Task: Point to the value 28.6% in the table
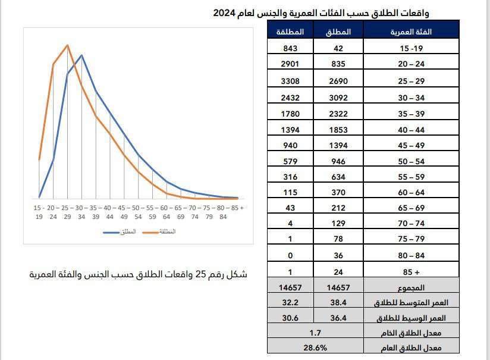pyautogui.click(x=315, y=346)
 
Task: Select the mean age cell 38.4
pyautogui.click(x=338, y=303)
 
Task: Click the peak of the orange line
pyautogui.click(x=67, y=45)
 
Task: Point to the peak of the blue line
pyautogui.click(x=81, y=55)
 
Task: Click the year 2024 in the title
pyautogui.click(x=225, y=12)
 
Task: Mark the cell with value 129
pyautogui.click(x=338, y=224)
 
